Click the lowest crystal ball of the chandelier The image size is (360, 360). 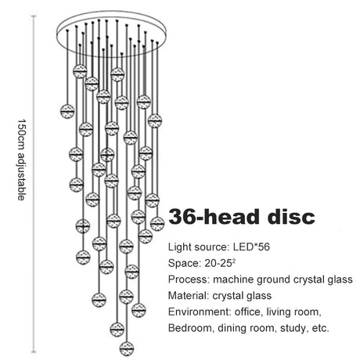[127, 348]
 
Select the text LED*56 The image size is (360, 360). [251, 247]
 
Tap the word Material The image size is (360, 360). [188, 296]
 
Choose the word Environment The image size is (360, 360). [200, 311]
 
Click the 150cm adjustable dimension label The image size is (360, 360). [21, 160]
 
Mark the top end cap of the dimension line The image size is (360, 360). [34, 16]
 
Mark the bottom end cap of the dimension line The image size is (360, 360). [34, 352]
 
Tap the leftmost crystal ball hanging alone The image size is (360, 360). [67, 111]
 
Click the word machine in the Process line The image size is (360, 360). [233, 279]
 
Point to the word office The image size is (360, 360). [249, 311]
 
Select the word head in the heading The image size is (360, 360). [233, 217]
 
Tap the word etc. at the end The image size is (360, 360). [320, 328]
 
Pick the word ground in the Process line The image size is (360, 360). [273, 280]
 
